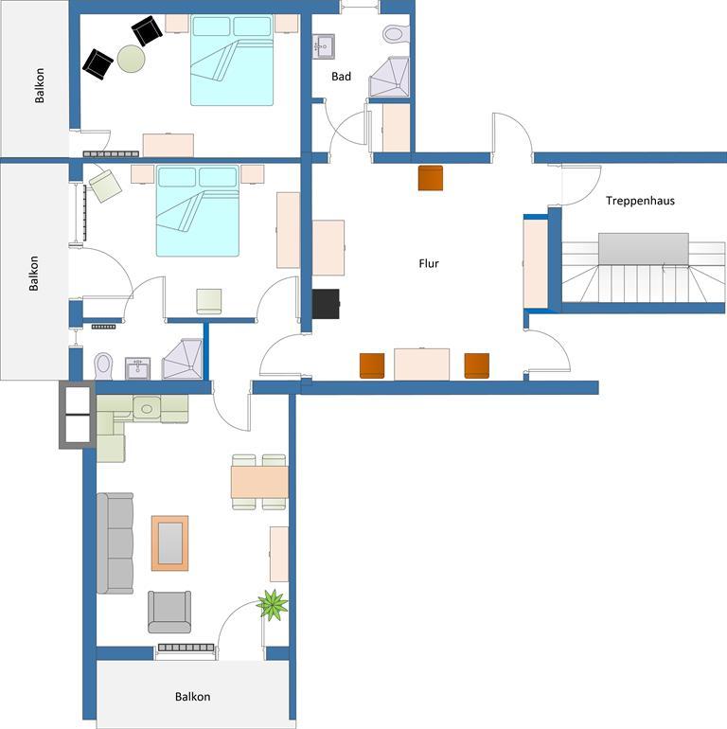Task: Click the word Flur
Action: click(x=429, y=263)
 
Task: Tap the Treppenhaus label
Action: click(x=640, y=201)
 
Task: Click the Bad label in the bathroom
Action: click(x=341, y=77)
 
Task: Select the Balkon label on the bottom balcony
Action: click(x=192, y=697)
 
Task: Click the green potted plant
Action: click(x=272, y=604)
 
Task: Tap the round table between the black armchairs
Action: click(x=131, y=59)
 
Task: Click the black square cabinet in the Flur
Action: click(x=326, y=304)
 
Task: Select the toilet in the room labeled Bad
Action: click(x=396, y=33)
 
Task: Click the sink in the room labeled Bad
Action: click(x=324, y=46)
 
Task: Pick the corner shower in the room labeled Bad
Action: click(x=389, y=77)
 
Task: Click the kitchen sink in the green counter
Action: click(x=147, y=409)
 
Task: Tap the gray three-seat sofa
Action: click(x=115, y=543)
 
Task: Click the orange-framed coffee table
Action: click(x=170, y=543)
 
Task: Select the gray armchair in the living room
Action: click(x=169, y=612)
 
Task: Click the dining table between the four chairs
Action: click(x=259, y=482)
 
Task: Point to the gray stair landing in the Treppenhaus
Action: click(x=644, y=249)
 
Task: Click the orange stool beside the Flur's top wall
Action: click(x=431, y=178)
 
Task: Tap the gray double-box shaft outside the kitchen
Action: click(x=78, y=415)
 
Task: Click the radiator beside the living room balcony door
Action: click(x=186, y=648)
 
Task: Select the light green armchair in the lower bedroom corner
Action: click(x=105, y=186)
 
